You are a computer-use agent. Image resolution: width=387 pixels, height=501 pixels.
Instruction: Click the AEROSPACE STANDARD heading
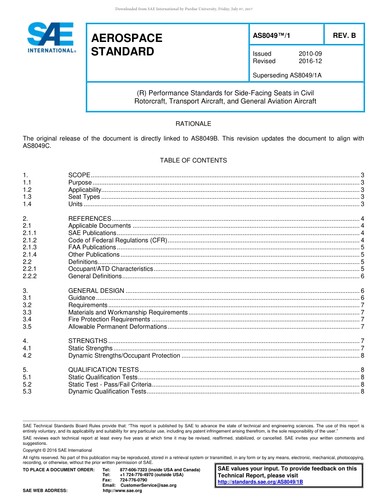[127, 45]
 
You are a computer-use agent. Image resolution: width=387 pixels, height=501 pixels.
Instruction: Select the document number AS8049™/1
[271, 35]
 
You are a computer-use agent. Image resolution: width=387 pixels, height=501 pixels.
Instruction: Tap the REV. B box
[344, 35]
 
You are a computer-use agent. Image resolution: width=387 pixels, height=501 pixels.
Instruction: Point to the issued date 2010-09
[310, 54]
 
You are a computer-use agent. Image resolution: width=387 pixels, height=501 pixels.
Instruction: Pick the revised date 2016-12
[310, 61]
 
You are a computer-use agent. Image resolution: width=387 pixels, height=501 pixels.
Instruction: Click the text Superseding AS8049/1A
[287, 75]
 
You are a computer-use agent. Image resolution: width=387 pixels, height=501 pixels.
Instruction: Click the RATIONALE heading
[193, 124]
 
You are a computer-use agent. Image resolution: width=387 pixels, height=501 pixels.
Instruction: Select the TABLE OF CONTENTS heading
[193, 160]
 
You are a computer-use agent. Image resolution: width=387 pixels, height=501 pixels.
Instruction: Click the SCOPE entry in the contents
[79, 175]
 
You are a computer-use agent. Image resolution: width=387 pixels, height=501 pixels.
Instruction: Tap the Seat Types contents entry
[84, 197]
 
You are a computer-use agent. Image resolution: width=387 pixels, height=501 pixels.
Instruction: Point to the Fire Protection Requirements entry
[109, 319]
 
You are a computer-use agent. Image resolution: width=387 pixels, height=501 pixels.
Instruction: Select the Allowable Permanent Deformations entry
[118, 327]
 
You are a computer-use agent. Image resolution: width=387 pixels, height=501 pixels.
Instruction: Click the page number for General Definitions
[362, 276]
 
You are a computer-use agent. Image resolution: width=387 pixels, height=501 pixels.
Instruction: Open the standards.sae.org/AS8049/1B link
[260, 482]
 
